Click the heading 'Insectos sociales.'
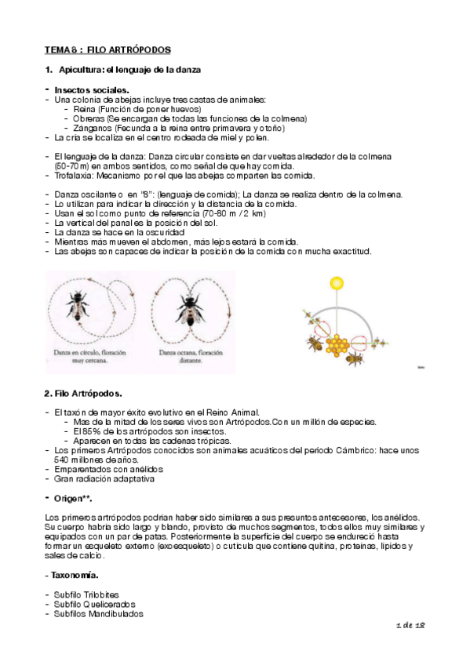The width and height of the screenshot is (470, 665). (90, 90)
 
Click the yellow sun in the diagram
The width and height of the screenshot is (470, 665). (337, 282)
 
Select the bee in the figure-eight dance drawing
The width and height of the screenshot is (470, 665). (187, 307)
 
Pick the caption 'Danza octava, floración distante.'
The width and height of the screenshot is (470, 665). (188, 358)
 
